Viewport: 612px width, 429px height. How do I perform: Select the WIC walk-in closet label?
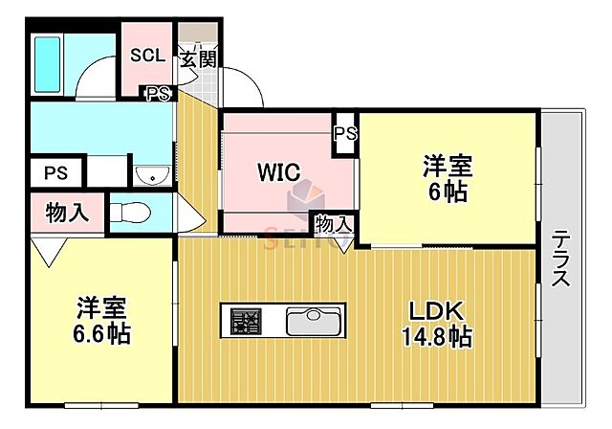(278, 172)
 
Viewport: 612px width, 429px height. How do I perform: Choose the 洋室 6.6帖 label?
(102, 322)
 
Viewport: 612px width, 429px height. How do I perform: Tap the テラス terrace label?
(561, 260)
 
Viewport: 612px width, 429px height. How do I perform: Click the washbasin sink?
(150, 174)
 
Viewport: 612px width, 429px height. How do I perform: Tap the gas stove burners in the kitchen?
(243, 319)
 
